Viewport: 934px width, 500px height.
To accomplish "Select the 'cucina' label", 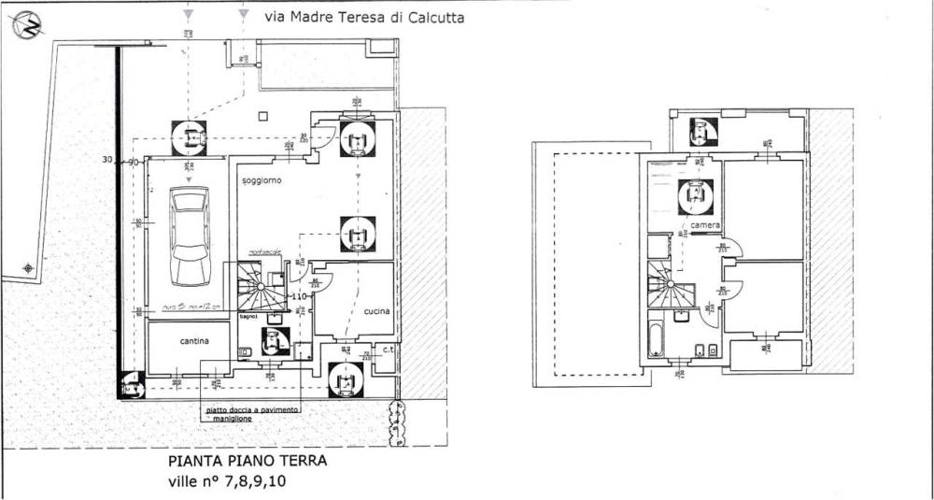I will (x=376, y=311).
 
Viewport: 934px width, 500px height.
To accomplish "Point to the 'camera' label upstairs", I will (x=706, y=227).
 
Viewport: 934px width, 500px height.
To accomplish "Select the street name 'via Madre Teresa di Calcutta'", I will (x=364, y=17).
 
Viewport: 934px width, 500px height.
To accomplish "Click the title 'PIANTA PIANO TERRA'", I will (x=248, y=461).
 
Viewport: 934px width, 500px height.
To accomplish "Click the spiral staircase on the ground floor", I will (x=262, y=288).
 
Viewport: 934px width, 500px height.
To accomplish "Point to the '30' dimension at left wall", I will (x=107, y=161).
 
